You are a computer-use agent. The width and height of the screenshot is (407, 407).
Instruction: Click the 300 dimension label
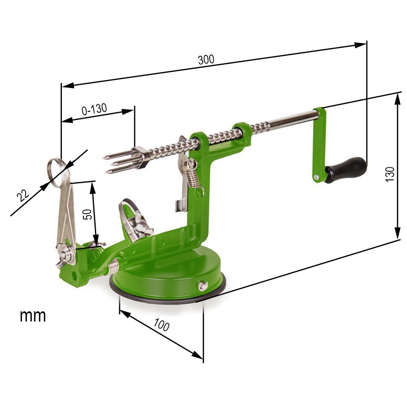pyautogui.click(x=206, y=60)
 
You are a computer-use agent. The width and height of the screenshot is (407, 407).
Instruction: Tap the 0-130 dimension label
pyautogui.click(x=94, y=109)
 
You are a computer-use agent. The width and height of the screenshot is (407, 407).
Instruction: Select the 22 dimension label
pyautogui.click(x=24, y=196)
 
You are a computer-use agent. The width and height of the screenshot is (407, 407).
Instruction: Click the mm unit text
pyautogui.click(x=33, y=315)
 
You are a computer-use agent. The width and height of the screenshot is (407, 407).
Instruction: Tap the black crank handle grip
pyautogui.click(x=346, y=169)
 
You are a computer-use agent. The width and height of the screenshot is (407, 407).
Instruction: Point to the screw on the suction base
pyautogui.click(x=202, y=286)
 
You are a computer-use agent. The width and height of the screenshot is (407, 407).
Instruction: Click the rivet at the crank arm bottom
pyautogui.click(x=316, y=177)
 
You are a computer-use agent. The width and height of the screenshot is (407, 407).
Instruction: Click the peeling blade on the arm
pyautogui.click(x=135, y=220)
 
